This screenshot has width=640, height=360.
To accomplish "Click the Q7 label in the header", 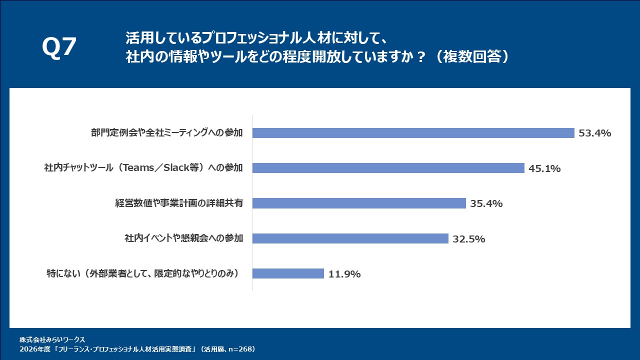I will click(x=59, y=47).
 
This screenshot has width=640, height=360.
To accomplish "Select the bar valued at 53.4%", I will click(x=413, y=133).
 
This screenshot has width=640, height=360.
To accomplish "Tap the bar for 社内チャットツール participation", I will click(x=388, y=168).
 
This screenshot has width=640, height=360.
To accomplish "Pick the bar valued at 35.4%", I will click(x=359, y=203).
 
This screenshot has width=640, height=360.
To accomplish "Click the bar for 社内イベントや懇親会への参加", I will click(x=350, y=238).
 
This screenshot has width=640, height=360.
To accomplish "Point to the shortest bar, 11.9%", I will click(x=288, y=273).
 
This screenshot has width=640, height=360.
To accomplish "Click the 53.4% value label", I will click(x=595, y=133).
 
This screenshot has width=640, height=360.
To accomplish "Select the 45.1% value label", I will click(x=544, y=168).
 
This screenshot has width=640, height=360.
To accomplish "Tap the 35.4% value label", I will click(x=486, y=203).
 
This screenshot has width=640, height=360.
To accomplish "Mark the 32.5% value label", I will click(x=468, y=239).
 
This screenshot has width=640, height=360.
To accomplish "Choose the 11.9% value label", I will click(x=344, y=274).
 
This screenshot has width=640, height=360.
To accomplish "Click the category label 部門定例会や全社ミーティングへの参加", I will click(x=167, y=133).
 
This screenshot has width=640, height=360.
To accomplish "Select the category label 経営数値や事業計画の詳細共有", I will click(x=179, y=203).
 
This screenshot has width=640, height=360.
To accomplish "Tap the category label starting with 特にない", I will click(x=144, y=273).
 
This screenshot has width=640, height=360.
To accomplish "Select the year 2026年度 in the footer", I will click(x=33, y=349).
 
